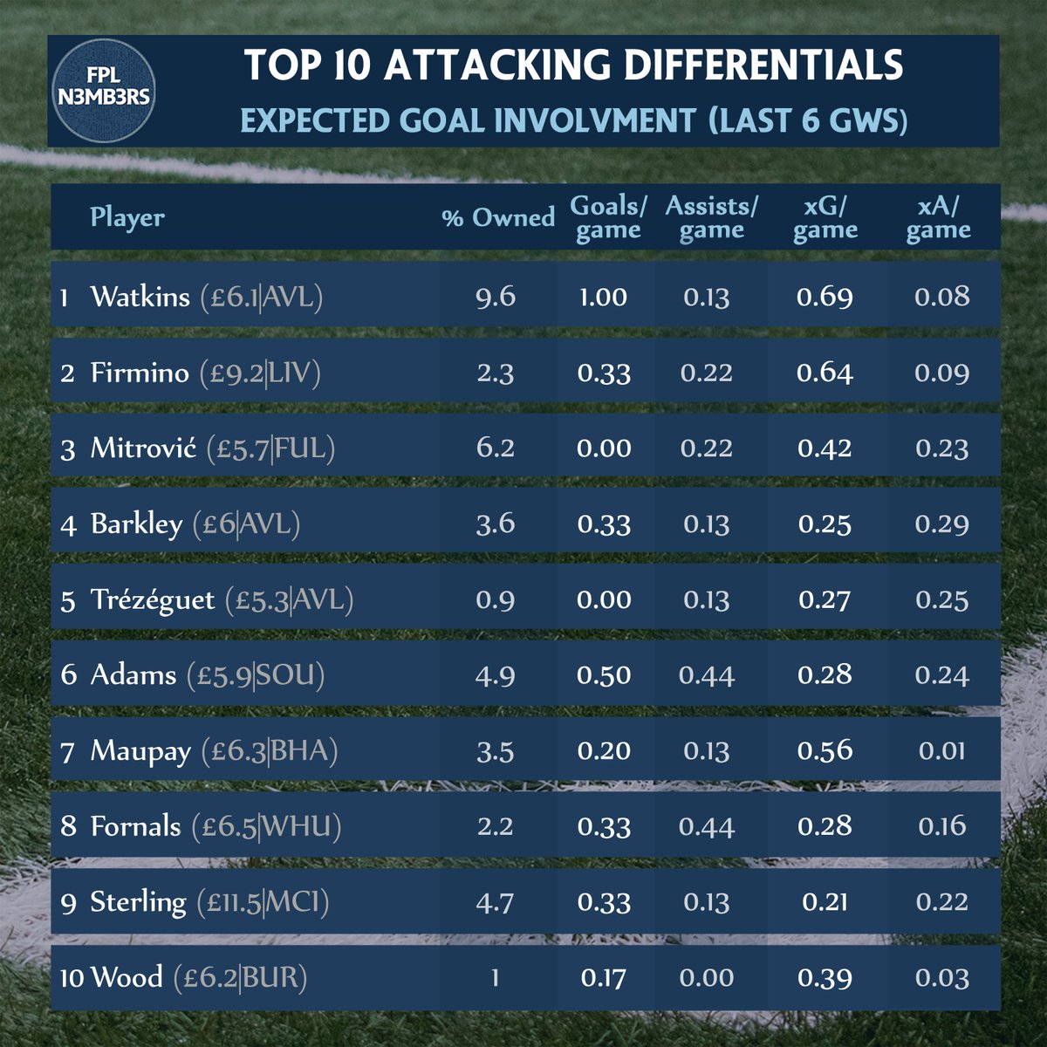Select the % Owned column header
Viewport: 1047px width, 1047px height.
pos(498,218)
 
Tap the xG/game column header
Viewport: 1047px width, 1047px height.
pos(825,218)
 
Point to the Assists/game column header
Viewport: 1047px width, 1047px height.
pos(711,218)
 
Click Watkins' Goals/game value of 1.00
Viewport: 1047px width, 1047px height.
pos(603,297)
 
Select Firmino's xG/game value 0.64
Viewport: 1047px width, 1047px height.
pos(825,373)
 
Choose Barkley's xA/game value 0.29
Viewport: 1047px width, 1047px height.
pos(942,523)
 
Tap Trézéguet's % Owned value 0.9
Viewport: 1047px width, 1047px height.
pos(496,599)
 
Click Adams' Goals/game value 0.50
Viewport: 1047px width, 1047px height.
pos(603,675)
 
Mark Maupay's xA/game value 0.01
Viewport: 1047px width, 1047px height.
pos(942,750)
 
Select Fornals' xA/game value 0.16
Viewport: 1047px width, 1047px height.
pos(942,826)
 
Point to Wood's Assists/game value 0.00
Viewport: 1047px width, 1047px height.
pos(706,978)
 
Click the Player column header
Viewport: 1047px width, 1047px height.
pos(127,217)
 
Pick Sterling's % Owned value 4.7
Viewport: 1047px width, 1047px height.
pos(496,902)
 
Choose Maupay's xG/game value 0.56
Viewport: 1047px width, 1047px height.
pos(825,750)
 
